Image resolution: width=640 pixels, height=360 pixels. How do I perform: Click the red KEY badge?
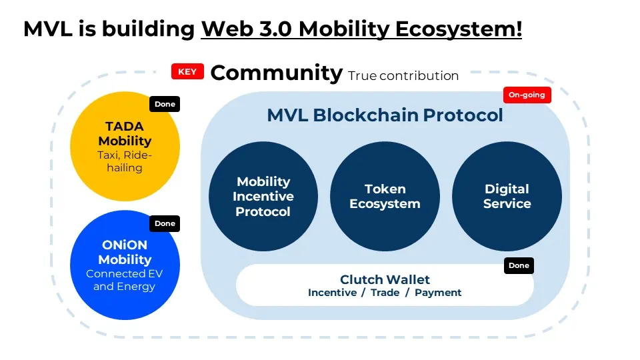187,72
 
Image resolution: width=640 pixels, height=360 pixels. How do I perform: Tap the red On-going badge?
527,95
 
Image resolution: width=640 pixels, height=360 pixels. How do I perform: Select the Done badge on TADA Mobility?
165,104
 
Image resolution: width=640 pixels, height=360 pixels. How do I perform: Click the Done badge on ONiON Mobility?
165,223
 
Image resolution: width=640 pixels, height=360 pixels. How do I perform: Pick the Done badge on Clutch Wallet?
519,265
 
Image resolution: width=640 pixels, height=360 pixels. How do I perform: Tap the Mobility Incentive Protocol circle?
263,197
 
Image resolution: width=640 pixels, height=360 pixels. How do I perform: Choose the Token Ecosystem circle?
385,197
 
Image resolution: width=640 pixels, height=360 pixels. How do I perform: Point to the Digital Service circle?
507,197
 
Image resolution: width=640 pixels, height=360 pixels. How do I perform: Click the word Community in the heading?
276,73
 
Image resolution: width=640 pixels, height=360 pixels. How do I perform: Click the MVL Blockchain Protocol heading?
385,115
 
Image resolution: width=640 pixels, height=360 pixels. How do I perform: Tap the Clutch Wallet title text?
385,279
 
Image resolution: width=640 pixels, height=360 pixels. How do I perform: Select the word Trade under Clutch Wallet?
385,293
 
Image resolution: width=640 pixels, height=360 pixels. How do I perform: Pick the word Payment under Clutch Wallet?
438,293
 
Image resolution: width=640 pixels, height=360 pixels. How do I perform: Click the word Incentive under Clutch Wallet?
332,293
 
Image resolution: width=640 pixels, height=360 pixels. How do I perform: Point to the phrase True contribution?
403,76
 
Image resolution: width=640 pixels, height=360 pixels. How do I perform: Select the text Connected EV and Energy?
124,280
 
